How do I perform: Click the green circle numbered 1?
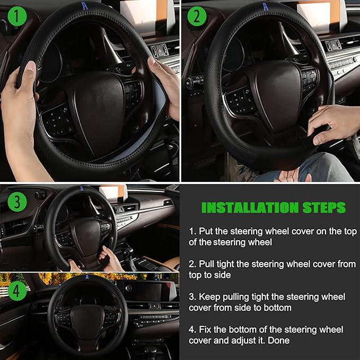19,18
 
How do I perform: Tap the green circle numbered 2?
197,18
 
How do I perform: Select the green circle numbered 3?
19,202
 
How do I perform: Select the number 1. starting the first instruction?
192,232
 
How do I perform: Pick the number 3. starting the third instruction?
192,296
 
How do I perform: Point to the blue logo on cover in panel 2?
265,6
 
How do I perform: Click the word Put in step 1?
206,232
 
